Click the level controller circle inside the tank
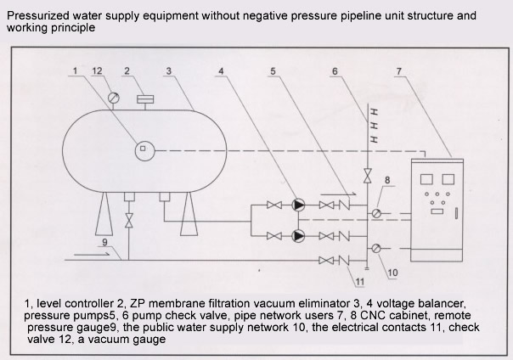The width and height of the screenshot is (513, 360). [143, 149]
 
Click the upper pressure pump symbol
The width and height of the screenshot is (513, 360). [298, 205]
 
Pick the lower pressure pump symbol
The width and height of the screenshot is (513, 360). [298, 235]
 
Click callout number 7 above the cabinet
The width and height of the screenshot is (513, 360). [399, 72]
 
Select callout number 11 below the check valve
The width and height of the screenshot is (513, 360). [359, 281]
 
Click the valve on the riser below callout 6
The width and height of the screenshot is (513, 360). [367, 177]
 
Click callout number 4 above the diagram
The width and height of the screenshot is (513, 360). [222, 72]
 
